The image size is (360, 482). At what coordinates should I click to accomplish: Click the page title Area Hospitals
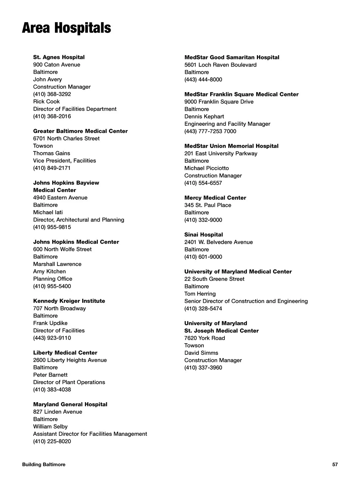(x=66, y=28)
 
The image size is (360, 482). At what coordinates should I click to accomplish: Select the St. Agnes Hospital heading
(x=59, y=57)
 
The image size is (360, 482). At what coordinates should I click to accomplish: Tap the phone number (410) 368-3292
(x=52, y=94)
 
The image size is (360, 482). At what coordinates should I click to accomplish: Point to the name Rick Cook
(x=46, y=101)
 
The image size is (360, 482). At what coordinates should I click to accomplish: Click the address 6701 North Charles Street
(x=66, y=138)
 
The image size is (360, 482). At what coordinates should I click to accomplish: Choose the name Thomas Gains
(x=51, y=153)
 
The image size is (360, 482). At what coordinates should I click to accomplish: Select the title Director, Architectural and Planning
(x=79, y=220)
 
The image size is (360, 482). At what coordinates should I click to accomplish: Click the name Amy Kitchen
(x=49, y=271)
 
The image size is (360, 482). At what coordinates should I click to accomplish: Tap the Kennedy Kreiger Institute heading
(x=69, y=301)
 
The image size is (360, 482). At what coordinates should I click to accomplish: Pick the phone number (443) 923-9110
(x=52, y=338)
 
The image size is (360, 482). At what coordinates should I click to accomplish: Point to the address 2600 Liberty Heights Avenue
(x=70, y=360)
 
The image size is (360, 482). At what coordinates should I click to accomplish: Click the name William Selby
(x=50, y=426)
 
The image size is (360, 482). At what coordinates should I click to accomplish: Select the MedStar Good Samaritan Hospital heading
(x=232, y=57)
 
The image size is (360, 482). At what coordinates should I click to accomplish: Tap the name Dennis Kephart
(x=204, y=116)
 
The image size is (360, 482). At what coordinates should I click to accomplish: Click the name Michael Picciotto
(x=206, y=168)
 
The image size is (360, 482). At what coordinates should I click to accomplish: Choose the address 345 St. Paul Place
(x=208, y=205)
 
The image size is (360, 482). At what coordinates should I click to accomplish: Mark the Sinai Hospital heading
(x=203, y=234)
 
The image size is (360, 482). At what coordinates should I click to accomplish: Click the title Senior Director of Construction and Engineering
(x=246, y=301)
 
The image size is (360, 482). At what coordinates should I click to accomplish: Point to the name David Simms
(x=201, y=353)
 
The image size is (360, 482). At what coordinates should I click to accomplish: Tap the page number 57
(x=335, y=464)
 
